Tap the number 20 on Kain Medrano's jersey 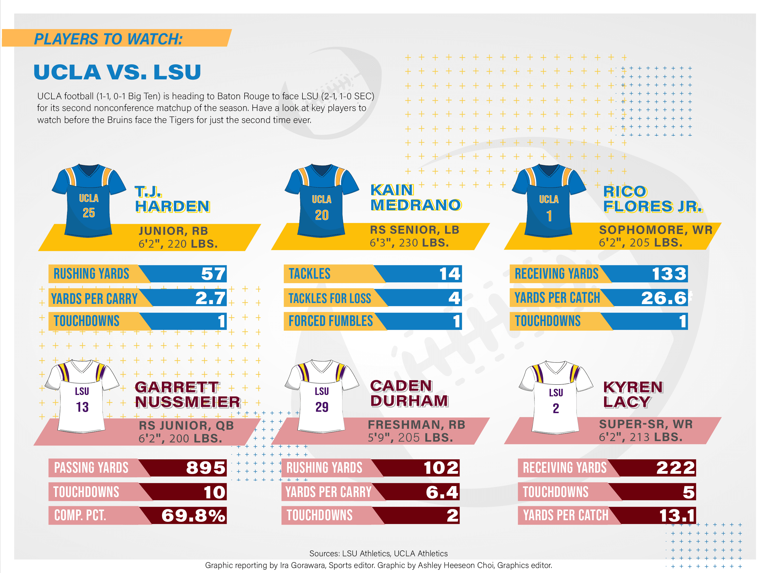click(x=321, y=215)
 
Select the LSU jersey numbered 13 click(x=82, y=397)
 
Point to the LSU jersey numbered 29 click(x=321, y=397)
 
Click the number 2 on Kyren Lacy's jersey click(x=556, y=408)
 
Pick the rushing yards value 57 click(x=213, y=274)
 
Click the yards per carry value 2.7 click(x=210, y=298)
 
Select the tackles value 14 click(x=449, y=274)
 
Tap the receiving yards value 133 click(x=669, y=274)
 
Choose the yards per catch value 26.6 click(x=663, y=298)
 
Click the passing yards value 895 click(x=206, y=468)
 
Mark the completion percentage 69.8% click(x=193, y=515)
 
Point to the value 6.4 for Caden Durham click(x=442, y=492)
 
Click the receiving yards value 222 click(x=675, y=468)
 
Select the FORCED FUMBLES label click(x=331, y=321)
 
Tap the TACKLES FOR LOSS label click(x=330, y=298)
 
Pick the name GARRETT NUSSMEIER click(x=187, y=394)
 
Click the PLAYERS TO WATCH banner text click(x=108, y=39)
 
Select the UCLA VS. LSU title click(x=117, y=72)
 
